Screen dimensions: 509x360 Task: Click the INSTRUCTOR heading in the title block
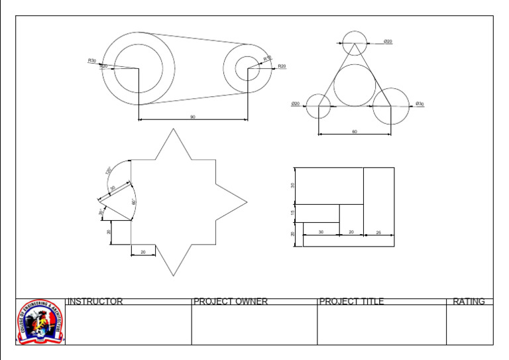tap(95, 302)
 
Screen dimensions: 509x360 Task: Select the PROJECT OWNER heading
tap(231, 302)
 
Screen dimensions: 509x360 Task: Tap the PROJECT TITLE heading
tap(351, 302)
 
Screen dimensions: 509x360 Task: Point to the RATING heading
tap(469, 302)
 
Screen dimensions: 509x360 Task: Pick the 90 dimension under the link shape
tap(193, 117)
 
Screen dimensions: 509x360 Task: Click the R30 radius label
tap(91, 60)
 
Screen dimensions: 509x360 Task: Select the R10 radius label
tap(267, 59)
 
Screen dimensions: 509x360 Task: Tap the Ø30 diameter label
tap(420, 104)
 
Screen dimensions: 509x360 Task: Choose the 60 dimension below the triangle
tap(355, 132)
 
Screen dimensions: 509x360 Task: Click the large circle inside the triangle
tap(355, 85)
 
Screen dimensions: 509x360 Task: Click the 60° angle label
tap(134, 201)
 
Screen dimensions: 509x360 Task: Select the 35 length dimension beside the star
tap(113, 188)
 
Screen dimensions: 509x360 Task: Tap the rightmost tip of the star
tap(247, 201)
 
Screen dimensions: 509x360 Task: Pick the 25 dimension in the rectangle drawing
tap(378, 232)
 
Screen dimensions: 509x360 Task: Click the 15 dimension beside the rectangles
tap(293, 213)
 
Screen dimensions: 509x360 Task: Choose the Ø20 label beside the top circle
tap(388, 42)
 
